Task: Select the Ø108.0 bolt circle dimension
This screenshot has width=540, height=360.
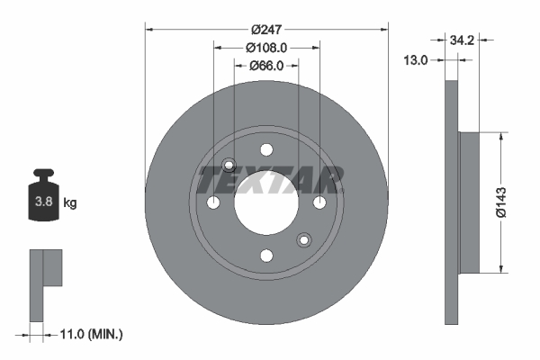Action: click(266, 48)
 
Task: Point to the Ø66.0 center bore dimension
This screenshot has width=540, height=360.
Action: click(266, 66)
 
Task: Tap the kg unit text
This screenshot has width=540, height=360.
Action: click(70, 203)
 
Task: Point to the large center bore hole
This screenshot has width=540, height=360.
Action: click(266, 203)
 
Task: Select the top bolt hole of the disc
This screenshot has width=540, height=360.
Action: click(266, 151)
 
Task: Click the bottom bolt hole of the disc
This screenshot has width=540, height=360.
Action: click(266, 256)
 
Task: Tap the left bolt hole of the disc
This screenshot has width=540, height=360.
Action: click(213, 203)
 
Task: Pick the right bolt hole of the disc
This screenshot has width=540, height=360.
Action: click(319, 203)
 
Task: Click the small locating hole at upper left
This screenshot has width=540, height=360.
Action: click(229, 166)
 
